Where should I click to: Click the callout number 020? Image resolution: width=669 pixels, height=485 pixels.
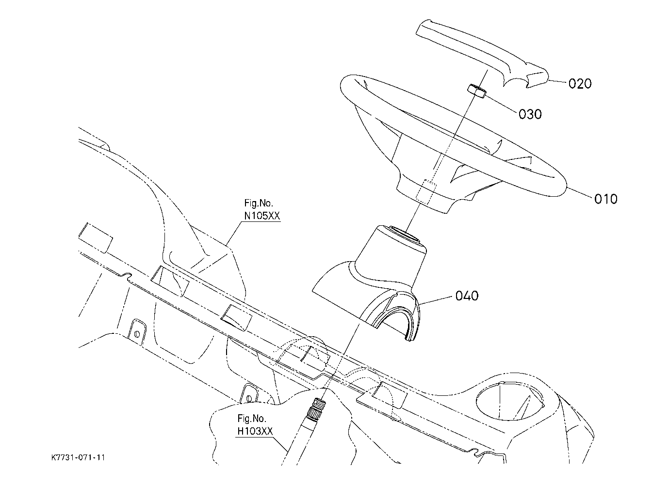(580, 83)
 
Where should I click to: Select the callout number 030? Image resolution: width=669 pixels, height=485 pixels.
(530, 114)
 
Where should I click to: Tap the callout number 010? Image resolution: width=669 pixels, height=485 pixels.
(605, 199)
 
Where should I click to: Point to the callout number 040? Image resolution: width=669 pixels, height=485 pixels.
(467, 296)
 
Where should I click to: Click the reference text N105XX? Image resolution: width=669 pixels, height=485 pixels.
(262, 216)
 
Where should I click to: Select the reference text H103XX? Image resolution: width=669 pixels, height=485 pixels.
(255, 431)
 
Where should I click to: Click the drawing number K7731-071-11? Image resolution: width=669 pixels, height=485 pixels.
(78, 458)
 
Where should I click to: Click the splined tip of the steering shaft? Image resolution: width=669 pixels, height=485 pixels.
(317, 408)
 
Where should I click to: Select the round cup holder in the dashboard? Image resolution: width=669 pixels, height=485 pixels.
(510, 401)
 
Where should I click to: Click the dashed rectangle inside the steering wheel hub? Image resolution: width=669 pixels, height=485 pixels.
(426, 192)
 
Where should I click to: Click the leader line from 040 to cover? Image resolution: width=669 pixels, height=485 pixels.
(436, 300)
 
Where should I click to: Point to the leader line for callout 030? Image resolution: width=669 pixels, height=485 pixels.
(500, 104)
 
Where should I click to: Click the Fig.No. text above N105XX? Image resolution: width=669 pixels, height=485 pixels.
(259, 203)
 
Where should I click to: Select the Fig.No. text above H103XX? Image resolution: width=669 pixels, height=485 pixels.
(251, 419)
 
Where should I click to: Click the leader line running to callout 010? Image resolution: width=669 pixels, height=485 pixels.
(579, 193)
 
